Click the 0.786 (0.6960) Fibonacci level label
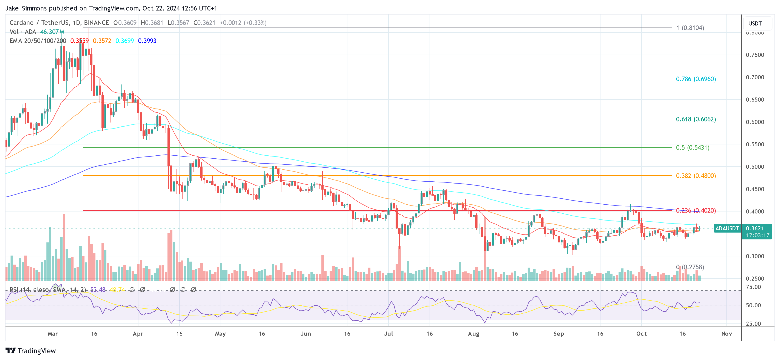696,79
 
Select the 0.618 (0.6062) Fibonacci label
696,119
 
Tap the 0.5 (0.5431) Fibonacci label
692,147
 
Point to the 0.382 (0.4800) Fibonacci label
696,176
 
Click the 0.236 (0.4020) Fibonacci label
696,210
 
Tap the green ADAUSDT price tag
727,228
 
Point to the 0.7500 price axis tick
755,55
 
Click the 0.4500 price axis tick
755,189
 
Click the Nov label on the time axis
726,334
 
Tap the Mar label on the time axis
53,334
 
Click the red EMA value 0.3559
79,41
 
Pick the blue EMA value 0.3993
147,41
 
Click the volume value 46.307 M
52,32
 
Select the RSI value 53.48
98,290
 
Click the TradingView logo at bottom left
31,351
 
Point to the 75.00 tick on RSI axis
753,287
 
